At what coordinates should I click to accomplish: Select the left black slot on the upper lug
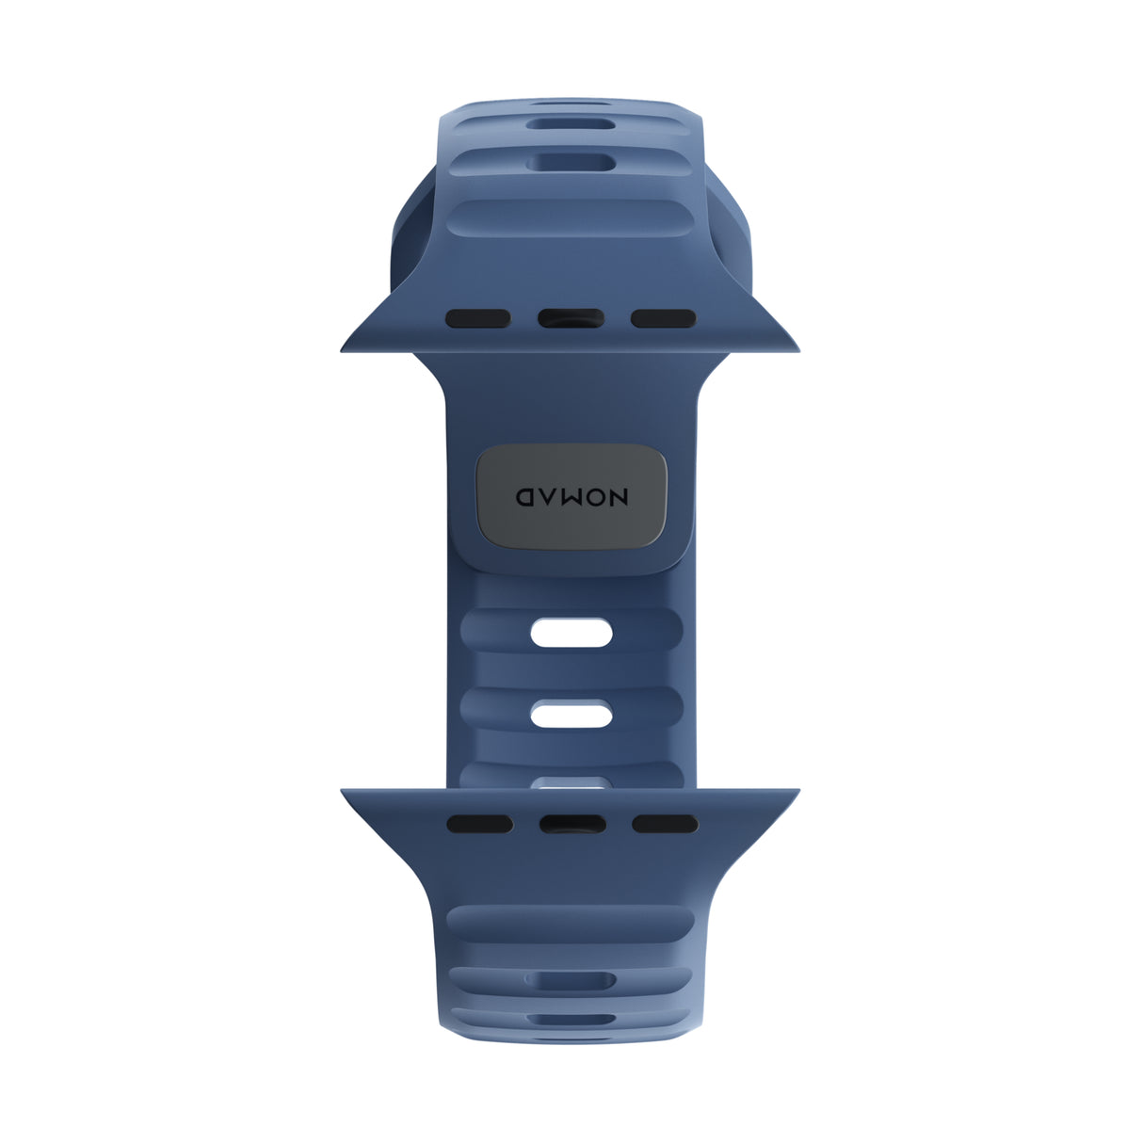(478, 318)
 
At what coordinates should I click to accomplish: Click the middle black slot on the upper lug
(571, 318)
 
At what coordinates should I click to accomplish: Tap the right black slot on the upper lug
(663, 318)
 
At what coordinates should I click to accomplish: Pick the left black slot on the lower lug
(480, 824)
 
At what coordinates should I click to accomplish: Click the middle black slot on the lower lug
(572, 824)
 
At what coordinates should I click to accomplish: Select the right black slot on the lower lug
(665, 824)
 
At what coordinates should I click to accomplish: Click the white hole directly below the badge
(571, 634)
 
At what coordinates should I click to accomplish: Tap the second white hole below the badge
(571, 715)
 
